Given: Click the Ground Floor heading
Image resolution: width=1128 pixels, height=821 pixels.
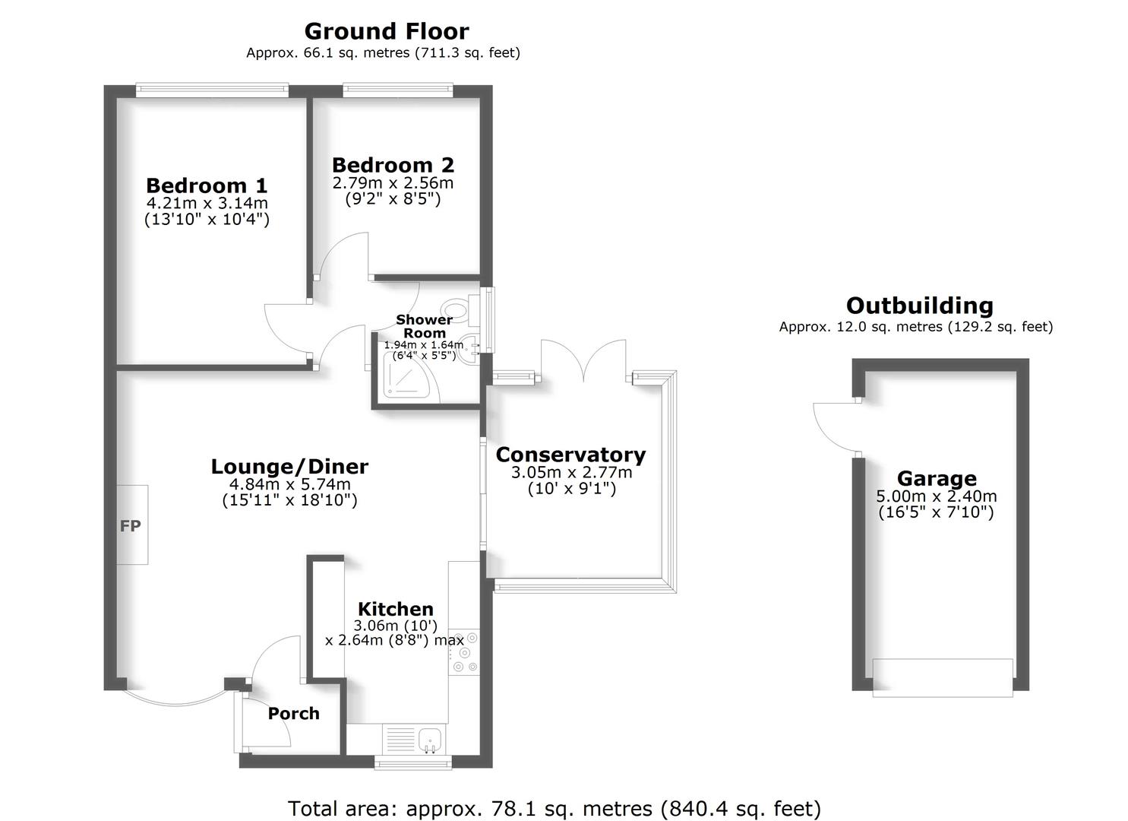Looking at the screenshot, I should click(386, 31).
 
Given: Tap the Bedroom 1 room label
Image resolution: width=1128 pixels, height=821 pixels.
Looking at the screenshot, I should click(207, 185).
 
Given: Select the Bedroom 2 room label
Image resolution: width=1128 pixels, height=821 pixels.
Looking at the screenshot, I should click(393, 165).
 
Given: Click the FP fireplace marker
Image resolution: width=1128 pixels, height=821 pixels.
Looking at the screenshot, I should click(131, 525).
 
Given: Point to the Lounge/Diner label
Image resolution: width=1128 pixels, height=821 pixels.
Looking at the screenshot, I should click(289, 466).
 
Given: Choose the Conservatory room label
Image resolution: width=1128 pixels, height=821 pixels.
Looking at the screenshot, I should click(570, 455).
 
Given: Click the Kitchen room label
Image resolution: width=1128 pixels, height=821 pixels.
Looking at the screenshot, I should click(395, 609).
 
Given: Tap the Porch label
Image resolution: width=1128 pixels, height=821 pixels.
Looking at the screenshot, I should click(293, 714).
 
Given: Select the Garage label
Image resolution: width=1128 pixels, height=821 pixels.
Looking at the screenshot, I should click(937, 479).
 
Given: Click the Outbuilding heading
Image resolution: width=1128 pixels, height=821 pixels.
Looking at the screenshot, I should click(919, 306).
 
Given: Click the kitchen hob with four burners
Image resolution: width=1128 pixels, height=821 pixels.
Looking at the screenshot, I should click(464, 651).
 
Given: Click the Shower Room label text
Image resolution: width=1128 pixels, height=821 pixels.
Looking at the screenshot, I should click(424, 326).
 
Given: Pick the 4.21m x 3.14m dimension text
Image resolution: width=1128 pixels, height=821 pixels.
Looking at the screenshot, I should click(207, 204).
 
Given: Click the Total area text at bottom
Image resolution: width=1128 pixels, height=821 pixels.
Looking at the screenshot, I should click(554, 808).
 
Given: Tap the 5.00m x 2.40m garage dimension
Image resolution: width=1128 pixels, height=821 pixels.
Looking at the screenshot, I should click(937, 496).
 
